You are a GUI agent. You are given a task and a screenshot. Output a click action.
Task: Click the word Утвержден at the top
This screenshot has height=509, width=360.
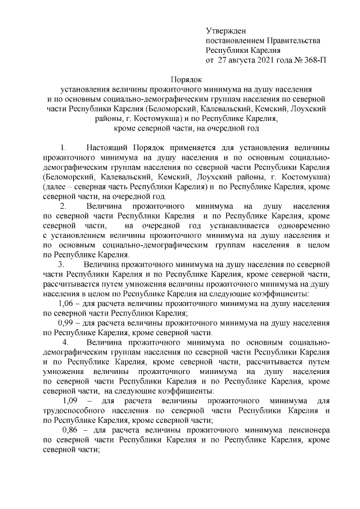point(226,30)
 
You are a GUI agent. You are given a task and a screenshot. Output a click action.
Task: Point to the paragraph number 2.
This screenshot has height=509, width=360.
point(63,206)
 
